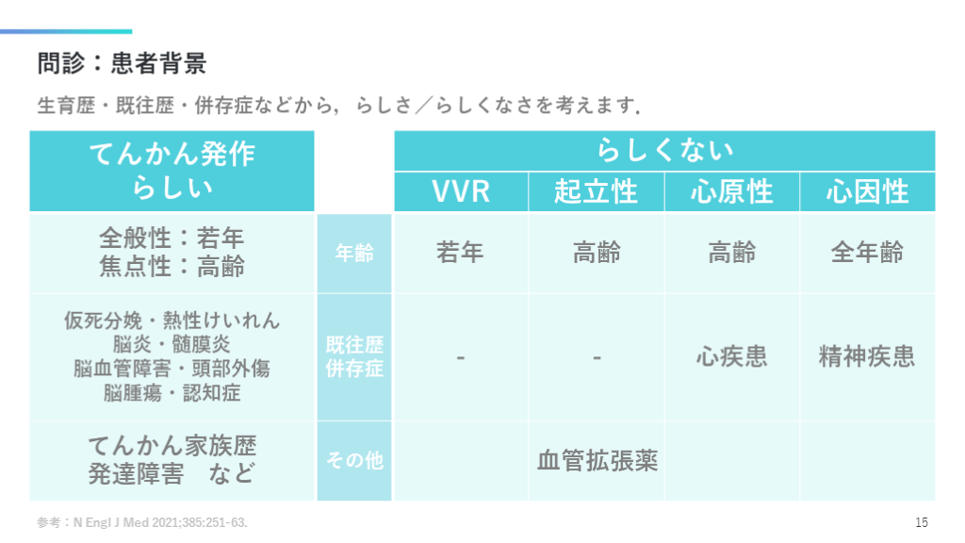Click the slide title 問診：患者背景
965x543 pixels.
point(122,64)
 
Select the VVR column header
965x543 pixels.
point(461,192)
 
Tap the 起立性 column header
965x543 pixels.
point(597,192)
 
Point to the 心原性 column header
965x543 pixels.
point(732,192)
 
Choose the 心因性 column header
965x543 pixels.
point(867,192)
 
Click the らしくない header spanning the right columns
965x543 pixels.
point(664,151)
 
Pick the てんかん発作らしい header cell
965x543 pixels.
point(172,171)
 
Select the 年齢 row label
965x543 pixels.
point(354,253)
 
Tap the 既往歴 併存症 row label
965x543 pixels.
point(354,356)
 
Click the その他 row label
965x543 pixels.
point(354,461)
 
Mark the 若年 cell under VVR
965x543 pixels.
point(461,253)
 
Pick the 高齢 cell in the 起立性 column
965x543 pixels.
point(597,253)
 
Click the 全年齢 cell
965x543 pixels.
point(867,253)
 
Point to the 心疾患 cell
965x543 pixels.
point(732,356)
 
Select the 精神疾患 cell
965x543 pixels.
point(867,356)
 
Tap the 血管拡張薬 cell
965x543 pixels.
point(597,461)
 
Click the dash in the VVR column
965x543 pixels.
point(461,357)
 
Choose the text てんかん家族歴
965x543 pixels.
point(172,445)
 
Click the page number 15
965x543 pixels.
point(922,522)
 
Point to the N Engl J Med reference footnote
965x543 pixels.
point(142,522)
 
